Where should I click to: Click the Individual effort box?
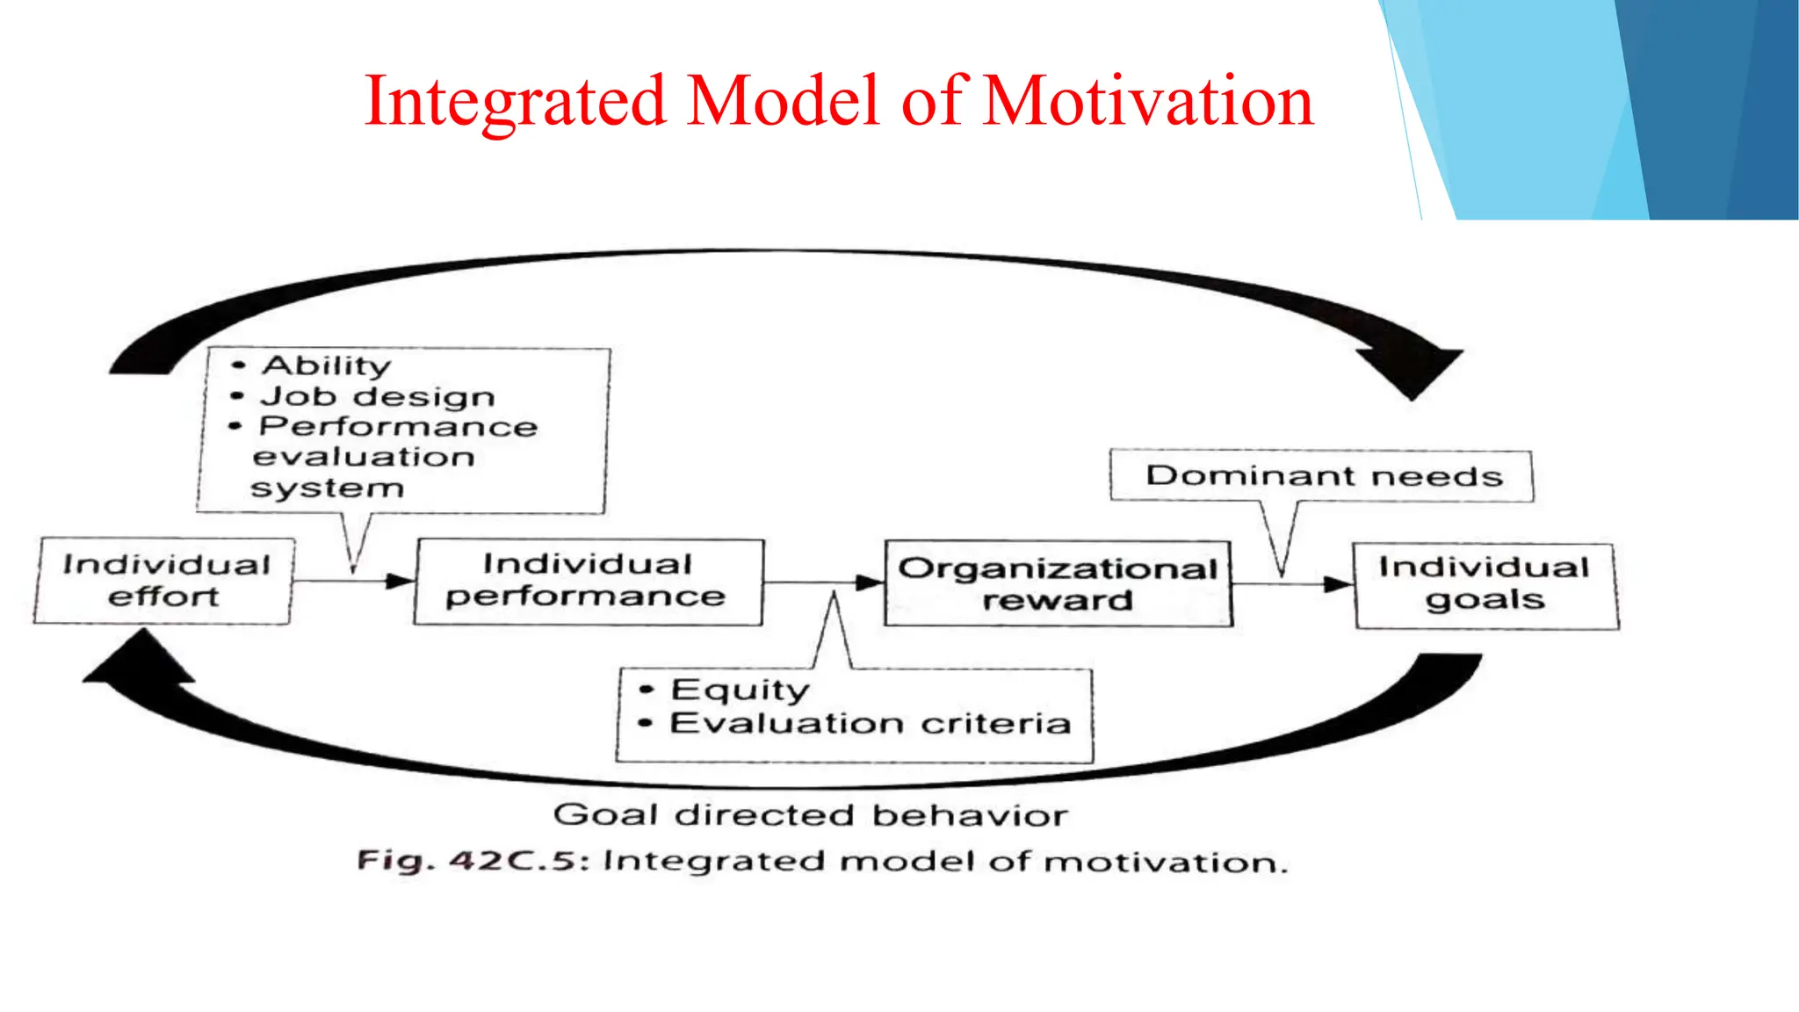point(164,581)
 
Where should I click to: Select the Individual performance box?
point(588,581)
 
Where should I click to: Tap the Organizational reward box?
point(1058,584)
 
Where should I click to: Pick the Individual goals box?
point(1485,584)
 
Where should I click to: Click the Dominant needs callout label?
point(1323,476)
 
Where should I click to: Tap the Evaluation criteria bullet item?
point(870,724)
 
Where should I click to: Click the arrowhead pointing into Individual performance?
point(401,581)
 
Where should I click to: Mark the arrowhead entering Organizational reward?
point(870,582)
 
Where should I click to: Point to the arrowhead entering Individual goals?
point(1338,584)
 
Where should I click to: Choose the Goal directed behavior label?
point(810,816)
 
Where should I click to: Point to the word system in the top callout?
point(327,488)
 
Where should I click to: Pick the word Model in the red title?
point(784,101)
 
